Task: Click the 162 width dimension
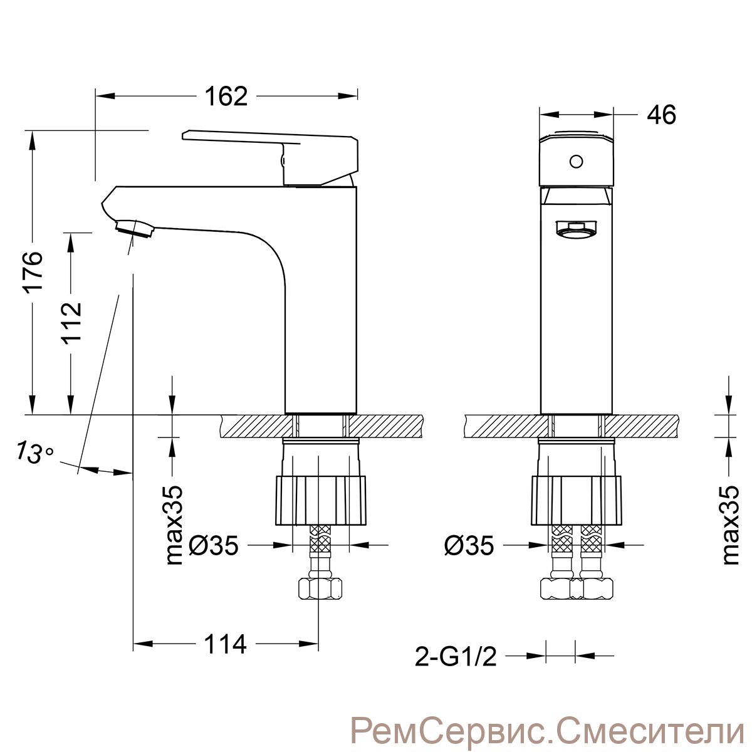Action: coord(226,97)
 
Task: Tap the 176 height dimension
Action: coord(33,271)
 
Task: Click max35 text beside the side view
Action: coord(173,525)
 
